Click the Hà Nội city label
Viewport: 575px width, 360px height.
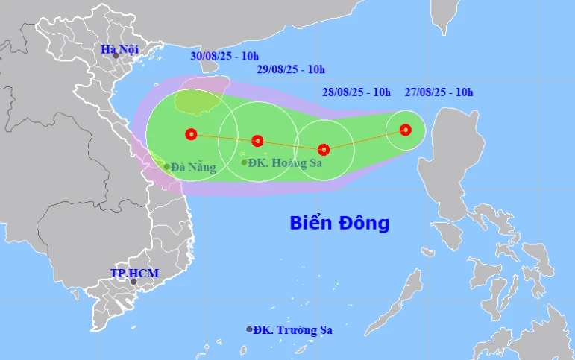[119, 50]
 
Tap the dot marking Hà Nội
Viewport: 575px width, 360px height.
[116, 56]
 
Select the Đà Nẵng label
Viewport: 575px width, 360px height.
[193, 168]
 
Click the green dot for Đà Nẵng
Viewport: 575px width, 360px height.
[166, 167]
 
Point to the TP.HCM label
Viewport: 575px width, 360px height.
[135, 273]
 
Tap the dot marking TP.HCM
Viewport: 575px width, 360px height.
[133, 282]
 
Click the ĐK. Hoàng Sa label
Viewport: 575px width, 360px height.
[286, 162]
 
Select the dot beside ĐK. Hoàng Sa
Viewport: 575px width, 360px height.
[245, 162]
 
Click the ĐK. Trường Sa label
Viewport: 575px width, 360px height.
[292, 329]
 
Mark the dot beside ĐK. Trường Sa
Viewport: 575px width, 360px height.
[249, 329]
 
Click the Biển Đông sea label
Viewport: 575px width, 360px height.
[339, 223]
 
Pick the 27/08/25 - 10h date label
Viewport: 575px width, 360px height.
[439, 92]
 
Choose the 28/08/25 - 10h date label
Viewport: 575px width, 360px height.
[356, 92]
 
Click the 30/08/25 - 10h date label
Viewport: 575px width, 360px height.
[224, 55]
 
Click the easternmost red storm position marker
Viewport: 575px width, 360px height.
[405, 130]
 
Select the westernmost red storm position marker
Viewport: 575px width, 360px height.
[191, 135]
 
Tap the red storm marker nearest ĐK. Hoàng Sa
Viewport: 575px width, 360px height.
[257, 141]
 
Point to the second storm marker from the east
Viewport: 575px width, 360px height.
[324, 149]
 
